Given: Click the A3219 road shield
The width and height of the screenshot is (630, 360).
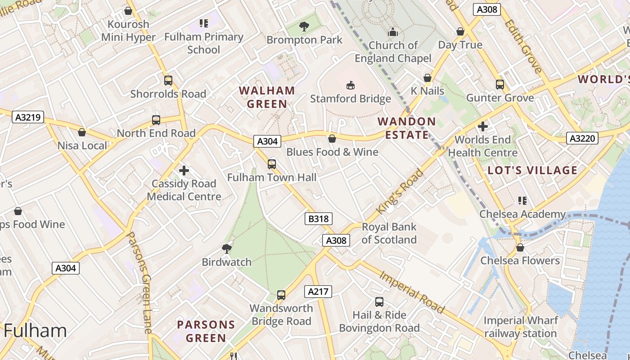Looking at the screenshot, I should click(x=28, y=117).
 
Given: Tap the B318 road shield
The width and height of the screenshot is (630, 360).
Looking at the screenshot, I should click(x=319, y=219).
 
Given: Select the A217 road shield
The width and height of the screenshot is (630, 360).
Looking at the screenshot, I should click(x=318, y=292).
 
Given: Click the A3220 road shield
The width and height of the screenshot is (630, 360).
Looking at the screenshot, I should click(x=582, y=138).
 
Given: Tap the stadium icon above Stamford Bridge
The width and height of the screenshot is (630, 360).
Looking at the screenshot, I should click(x=350, y=85).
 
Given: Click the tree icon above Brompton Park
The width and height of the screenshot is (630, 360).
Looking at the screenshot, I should click(x=304, y=27).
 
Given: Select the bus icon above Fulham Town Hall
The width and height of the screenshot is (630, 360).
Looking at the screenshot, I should click(x=272, y=164).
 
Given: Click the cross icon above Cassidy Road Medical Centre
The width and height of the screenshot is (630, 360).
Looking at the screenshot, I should click(x=184, y=171).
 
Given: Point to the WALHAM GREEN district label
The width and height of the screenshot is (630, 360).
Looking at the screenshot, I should click(x=267, y=97).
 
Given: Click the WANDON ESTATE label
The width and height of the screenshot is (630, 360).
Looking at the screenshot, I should click(x=407, y=128).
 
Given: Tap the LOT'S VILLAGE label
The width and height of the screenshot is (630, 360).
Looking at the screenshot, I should click(x=532, y=170).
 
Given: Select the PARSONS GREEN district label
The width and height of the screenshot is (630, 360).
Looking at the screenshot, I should click(x=206, y=331).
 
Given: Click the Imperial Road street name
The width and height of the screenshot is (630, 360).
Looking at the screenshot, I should click(x=412, y=292).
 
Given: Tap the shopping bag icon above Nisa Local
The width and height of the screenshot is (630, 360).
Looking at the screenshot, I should click(x=82, y=132).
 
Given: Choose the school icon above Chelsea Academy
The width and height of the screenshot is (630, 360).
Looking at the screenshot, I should click(x=522, y=201).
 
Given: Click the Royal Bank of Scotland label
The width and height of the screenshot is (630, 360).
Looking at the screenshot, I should click(x=389, y=233).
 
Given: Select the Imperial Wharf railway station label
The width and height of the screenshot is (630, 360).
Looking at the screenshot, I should click(x=521, y=327).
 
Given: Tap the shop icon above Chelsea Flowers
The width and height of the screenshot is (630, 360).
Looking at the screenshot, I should click(x=520, y=247).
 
